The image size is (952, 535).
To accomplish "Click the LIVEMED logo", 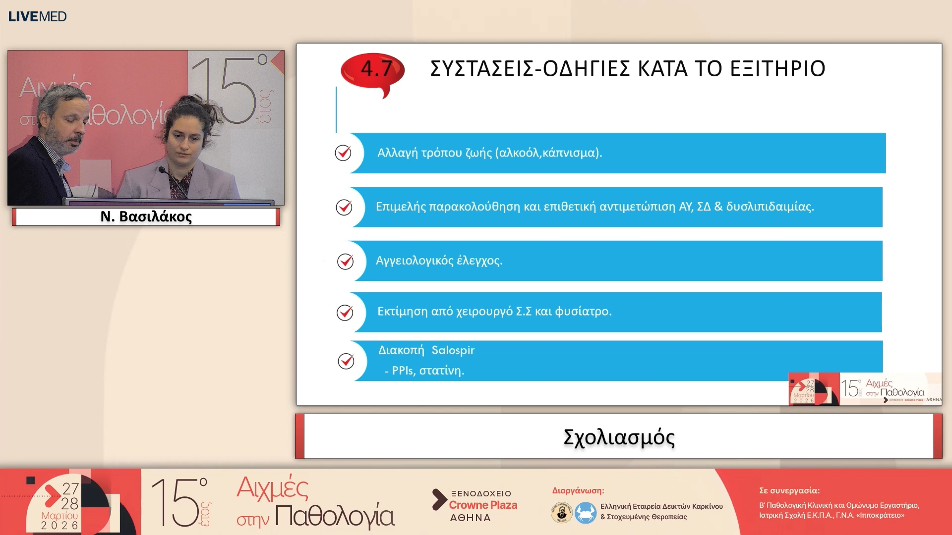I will coord(37,16).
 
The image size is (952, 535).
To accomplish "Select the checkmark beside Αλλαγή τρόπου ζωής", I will coord(343,153).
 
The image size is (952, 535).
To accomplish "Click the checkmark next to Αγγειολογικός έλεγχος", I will coord(345,261).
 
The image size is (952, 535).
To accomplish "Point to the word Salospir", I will coord(453,350).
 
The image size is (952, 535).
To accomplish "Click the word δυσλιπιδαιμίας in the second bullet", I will coord(770,207).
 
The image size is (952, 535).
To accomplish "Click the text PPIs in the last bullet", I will coord(403,371).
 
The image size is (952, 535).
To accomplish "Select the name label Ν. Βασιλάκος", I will coord(146,216).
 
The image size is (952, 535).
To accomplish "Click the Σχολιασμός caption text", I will coord(619,437).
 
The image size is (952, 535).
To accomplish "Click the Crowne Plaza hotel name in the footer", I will coord(483,505).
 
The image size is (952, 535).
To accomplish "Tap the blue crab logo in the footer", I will coord(585,513).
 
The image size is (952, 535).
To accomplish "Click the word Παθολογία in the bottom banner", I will coord(335,516).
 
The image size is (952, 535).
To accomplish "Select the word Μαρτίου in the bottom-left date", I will coord(59,516).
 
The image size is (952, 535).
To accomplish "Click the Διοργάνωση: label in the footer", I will coord(578,490).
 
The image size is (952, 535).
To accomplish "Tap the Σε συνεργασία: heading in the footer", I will coord(789,490).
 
